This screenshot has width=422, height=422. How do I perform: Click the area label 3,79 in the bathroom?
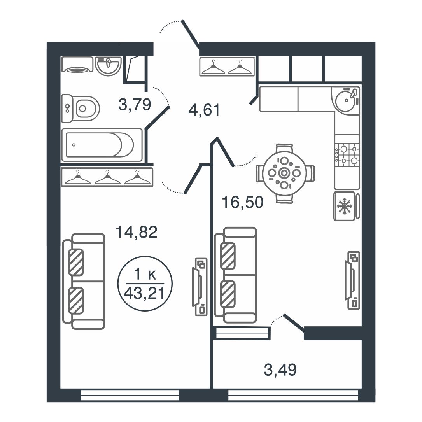(135, 105)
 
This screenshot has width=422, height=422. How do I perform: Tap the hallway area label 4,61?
(204, 110)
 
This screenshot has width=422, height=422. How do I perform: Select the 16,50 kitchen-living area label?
(242, 202)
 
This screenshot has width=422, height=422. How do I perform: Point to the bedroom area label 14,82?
(137, 232)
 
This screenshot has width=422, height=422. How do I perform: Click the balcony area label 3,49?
(280, 369)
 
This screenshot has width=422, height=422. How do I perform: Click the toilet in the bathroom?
(81, 109)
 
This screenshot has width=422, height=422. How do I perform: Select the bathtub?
(102, 145)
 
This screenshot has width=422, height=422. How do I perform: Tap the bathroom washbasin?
(108, 66)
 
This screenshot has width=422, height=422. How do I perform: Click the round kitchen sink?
(346, 100)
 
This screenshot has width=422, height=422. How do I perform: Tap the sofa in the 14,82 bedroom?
(84, 281)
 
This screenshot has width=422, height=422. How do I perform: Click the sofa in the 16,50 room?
(235, 275)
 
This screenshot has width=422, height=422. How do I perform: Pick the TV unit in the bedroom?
(200, 286)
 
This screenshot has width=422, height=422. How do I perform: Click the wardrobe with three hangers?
(107, 177)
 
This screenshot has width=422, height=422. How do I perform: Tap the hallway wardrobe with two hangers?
(227, 66)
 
